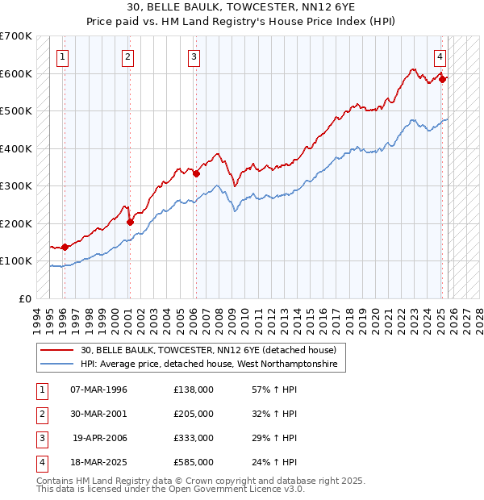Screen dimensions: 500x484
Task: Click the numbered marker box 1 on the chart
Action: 63,56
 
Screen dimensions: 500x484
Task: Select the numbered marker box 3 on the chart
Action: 195,56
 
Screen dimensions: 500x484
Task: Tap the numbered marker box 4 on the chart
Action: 440,56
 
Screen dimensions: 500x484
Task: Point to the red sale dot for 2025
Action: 442,79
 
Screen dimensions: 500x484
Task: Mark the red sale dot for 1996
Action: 64,247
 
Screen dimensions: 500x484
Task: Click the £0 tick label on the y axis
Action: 26,298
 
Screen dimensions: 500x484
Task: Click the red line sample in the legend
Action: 57,351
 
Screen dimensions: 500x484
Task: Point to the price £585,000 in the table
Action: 194,462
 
